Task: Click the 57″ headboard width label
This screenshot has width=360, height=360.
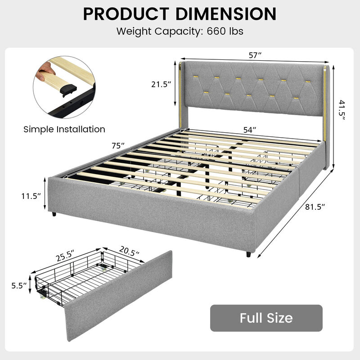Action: tap(255, 55)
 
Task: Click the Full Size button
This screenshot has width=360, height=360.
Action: tap(266, 318)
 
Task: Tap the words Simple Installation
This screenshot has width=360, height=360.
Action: tap(64, 129)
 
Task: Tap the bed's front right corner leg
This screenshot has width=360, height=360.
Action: tap(248, 254)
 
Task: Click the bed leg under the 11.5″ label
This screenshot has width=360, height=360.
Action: tap(54, 214)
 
